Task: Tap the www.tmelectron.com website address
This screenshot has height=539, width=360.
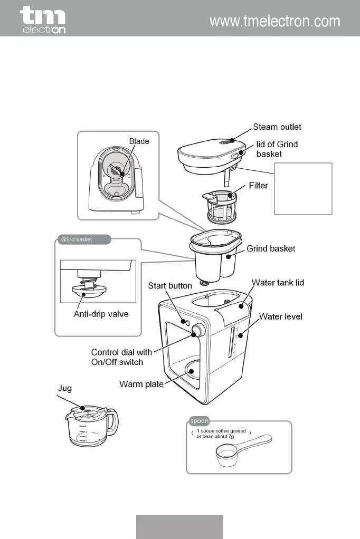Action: pyautogui.click(x=274, y=22)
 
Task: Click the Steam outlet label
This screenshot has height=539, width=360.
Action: pyautogui.click(x=277, y=127)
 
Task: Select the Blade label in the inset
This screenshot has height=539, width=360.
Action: pyautogui.click(x=139, y=141)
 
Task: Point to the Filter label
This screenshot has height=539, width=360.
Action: pyautogui.click(x=258, y=186)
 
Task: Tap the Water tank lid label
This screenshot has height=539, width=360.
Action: pyautogui.click(x=278, y=283)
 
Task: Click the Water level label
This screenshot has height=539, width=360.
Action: pyautogui.click(x=280, y=317)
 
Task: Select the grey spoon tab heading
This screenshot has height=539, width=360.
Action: pyautogui.click(x=199, y=421)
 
